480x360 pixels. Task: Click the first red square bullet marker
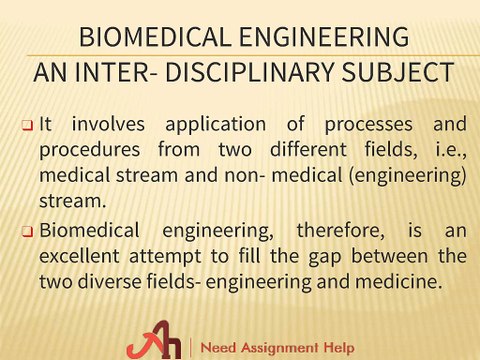pyautogui.click(x=27, y=126)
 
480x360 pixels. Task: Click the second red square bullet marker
pyautogui.click(x=27, y=231)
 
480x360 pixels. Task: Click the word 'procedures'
pyautogui.click(x=88, y=150)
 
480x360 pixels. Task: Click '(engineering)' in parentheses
pyautogui.click(x=414, y=175)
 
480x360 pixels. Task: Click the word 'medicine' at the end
pyautogui.click(x=401, y=281)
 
